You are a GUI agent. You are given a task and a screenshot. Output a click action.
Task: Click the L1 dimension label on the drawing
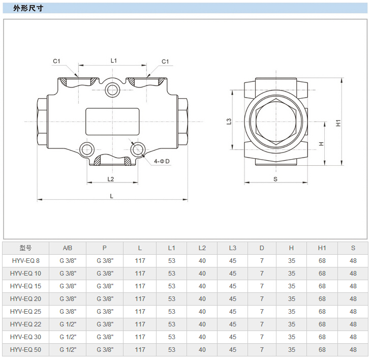[114, 61]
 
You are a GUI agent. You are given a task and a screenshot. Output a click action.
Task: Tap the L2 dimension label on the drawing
[111, 178]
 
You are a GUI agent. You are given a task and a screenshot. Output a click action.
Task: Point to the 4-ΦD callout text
[162, 161]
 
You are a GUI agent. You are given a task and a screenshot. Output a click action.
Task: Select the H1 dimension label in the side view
[338, 122]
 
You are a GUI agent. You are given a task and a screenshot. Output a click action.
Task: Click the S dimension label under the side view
[275, 179]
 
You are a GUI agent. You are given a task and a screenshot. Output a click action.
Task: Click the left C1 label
[56, 62]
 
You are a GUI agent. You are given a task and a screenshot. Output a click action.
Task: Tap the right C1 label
[165, 62]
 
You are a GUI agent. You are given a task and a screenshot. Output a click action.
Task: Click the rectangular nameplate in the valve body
[112, 121]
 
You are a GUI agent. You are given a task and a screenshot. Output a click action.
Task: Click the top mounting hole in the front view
[113, 90]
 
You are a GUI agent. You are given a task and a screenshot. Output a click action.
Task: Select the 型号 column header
[26, 248]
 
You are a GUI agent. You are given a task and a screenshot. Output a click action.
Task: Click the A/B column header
[68, 248]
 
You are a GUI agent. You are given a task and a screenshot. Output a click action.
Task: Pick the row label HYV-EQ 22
[26, 324]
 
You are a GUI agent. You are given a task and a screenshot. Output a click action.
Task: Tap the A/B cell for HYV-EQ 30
[68, 337]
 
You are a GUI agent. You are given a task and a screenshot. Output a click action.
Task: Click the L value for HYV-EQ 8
[140, 261]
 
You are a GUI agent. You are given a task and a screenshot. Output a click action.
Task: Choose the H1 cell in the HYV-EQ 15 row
[322, 286]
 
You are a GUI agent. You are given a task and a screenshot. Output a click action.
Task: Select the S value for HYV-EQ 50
[353, 350]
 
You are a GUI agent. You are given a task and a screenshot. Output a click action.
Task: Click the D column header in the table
[262, 248]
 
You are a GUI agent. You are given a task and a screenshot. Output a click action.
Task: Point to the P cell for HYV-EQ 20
[105, 299]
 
